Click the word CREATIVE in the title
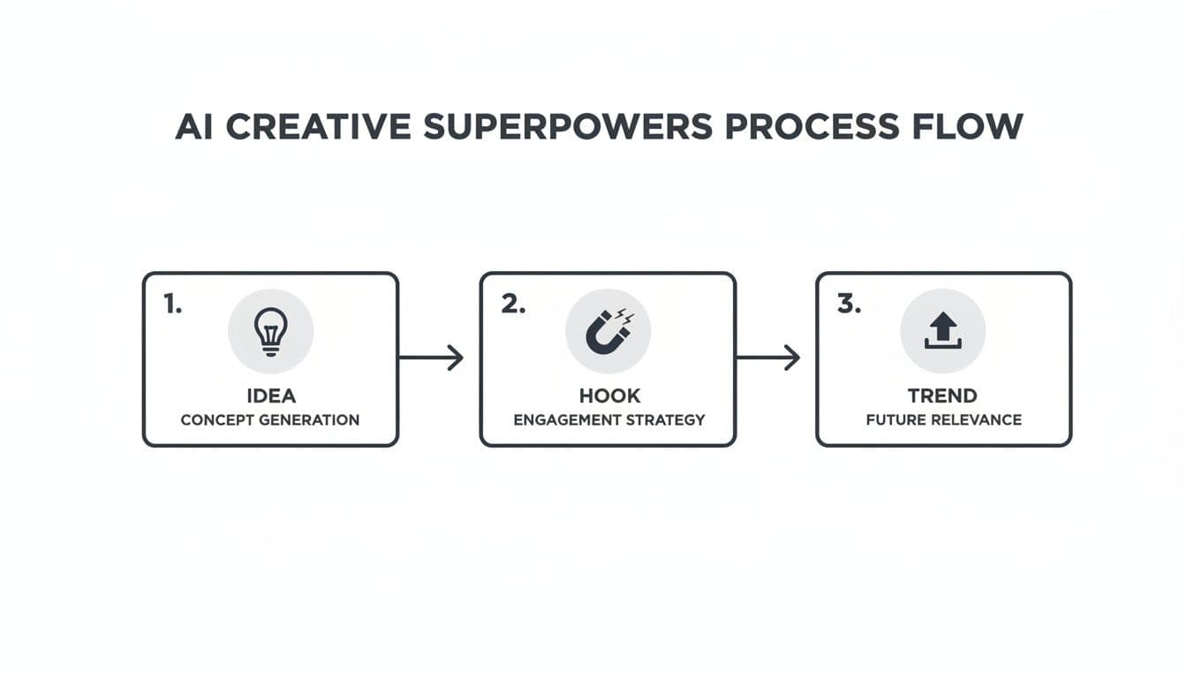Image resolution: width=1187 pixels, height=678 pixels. pyautogui.click(x=319, y=126)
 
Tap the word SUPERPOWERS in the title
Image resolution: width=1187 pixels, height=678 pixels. pyautogui.click(x=568, y=126)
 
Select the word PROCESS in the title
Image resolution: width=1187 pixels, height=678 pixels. pyautogui.click(x=812, y=126)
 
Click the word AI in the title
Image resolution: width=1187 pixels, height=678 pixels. pyautogui.click(x=194, y=126)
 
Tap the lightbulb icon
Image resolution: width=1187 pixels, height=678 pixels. pyautogui.click(x=271, y=332)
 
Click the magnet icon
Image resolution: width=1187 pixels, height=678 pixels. pyautogui.click(x=607, y=333)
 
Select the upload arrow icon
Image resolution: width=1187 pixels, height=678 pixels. pyautogui.click(x=942, y=330)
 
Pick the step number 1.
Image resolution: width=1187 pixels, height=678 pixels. pyautogui.click(x=173, y=304)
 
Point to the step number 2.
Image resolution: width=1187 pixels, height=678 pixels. pyautogui.click(x=513, y=304)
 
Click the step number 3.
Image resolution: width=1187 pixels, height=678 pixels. pyautogui.click(x=849, y=304)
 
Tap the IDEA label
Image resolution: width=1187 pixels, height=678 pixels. pyautogui.click(x=271, y=395)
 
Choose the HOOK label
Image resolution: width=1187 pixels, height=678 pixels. pyautogui.click(x=609, y=395)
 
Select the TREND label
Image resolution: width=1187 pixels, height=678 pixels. pyautogui.click(x=942, y=395)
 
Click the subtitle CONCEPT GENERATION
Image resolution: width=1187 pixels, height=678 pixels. pyautogui.click(x=270, y=420)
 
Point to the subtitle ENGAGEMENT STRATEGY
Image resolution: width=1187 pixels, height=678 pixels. pyautogui.click(x=609, y=420)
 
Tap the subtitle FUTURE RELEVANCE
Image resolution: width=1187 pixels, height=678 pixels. pyautogui.click(x=944, y=420)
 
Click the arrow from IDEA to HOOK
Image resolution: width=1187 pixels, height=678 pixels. pyautogui.click(x=431, y=358)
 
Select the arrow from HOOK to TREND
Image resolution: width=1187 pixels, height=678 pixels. pyautogui.click(x=767, y=358)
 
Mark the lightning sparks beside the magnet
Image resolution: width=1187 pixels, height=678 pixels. pyautogui.click(x=624, y=316)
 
